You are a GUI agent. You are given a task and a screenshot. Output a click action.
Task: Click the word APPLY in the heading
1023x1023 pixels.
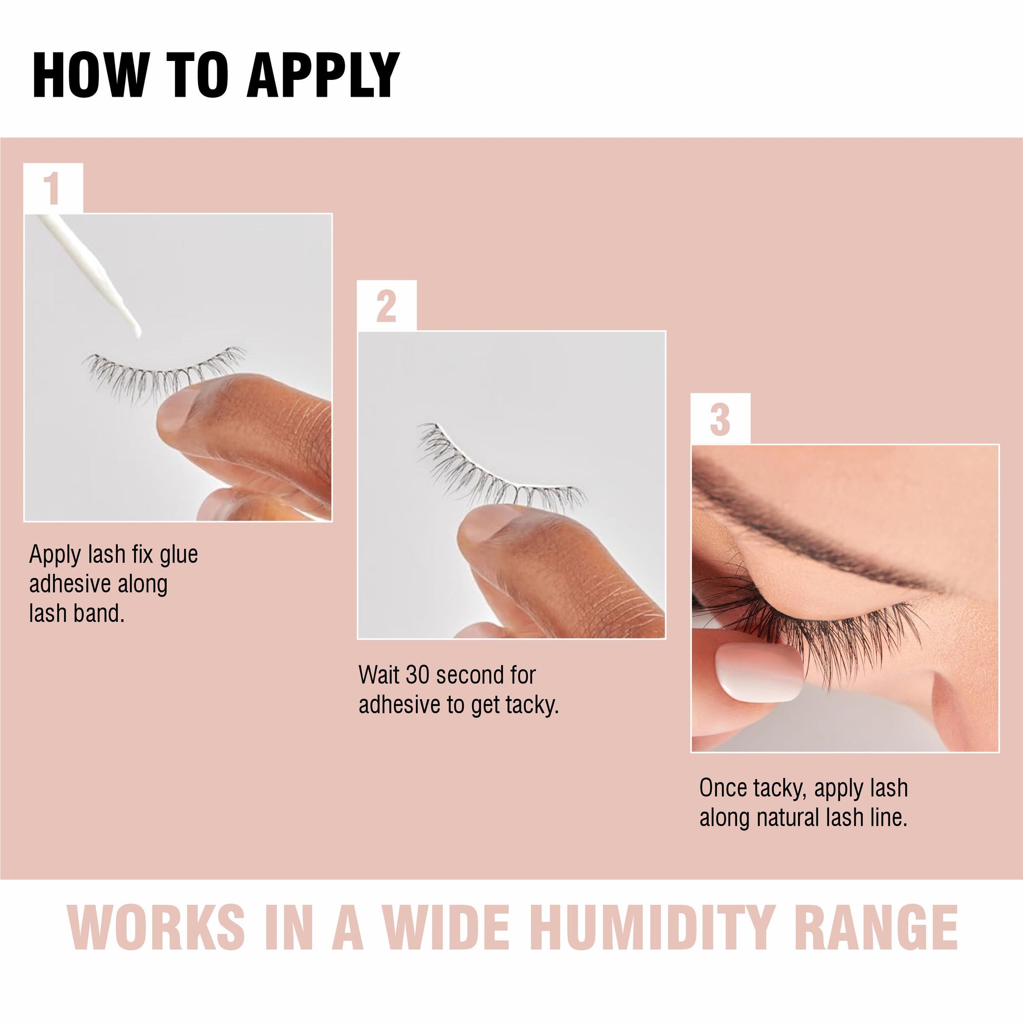point(323,75)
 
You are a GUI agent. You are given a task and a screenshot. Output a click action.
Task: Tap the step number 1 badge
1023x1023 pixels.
point(53,188)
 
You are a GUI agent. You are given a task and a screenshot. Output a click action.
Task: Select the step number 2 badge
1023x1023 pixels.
point(386,305)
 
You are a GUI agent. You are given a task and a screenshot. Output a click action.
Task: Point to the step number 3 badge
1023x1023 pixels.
point(720,419)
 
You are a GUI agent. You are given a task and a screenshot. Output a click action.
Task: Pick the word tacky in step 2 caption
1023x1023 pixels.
point(531,706)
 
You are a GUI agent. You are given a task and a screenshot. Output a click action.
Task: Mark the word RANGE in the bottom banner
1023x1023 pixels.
point(877,928)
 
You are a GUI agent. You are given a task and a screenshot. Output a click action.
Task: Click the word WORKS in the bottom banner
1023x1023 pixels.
point(157,928)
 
